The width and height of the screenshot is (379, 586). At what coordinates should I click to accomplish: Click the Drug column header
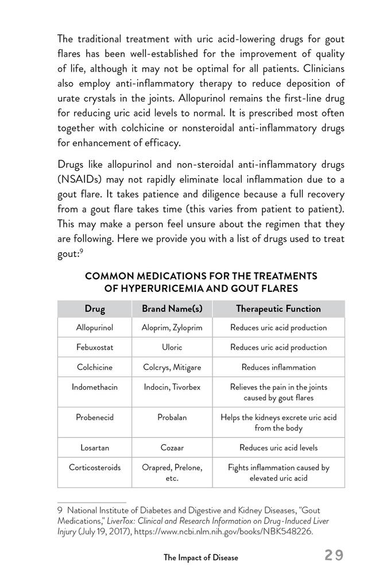(x=95, y=309)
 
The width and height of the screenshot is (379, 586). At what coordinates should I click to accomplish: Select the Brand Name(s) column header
(x=172, y=309)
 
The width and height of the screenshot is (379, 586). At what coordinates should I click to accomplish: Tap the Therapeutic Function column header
(x=279, y=309)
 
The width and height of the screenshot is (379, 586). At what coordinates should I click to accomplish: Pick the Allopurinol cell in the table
(x=95, y=327)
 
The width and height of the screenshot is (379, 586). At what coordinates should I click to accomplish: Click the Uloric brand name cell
(x=172, y=347)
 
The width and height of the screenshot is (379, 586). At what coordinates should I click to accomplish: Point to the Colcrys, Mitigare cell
(x=172, y=367)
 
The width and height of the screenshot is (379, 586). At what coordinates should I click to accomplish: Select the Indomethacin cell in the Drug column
(x=95, y=387)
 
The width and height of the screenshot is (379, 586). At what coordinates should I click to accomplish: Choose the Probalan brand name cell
(x=172, y=417)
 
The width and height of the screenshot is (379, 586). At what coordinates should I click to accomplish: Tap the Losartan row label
(x=95, y=447)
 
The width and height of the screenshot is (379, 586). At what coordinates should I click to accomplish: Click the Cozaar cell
(x=172, y=447)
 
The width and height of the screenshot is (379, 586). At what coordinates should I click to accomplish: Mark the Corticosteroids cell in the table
(x=95, y=467)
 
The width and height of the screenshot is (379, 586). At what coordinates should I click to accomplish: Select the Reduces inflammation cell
(x=279, y=367)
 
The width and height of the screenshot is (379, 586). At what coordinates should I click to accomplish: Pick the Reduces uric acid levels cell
(x=279, y=447)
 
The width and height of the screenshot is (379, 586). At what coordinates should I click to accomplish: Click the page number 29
(x=334, y=555)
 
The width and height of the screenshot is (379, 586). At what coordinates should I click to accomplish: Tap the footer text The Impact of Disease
(x=200, y=557)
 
